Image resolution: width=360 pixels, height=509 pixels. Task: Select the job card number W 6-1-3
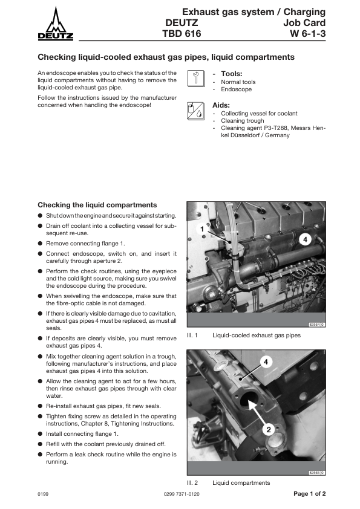pos(308,33)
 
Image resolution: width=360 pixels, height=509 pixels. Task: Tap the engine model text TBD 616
pos(182,33)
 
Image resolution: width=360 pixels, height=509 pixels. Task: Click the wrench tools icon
pos(195,79)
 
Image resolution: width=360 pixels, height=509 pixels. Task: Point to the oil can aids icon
pos(195,111)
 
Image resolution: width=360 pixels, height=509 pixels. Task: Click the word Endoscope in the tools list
pos(236,89)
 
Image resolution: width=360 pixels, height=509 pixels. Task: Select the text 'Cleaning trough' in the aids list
pos(243,121)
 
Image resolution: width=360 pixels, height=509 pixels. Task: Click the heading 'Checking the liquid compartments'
pos(97,205)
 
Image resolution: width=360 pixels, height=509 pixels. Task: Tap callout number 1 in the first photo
pos(202,229)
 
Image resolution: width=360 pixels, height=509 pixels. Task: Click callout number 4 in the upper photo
pos(305,240)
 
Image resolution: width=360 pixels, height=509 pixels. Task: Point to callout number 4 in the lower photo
pos(266,362)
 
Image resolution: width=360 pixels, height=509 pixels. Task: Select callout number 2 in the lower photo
pos(269,430)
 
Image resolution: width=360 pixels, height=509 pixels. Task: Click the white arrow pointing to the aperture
pos(257,413)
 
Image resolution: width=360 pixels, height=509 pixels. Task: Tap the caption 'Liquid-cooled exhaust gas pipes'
pos(257,336)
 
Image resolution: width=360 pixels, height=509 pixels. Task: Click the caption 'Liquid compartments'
pos(241,483)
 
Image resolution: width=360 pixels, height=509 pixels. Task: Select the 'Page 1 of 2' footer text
pos(309,494)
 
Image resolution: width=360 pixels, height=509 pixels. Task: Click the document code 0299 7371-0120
pos(182,494)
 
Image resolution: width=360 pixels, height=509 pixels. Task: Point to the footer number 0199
pos(43,494)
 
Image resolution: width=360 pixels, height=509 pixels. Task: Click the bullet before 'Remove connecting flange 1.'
pos(40,244)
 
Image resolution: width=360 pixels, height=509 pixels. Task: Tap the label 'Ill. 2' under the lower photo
pos(192,483)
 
